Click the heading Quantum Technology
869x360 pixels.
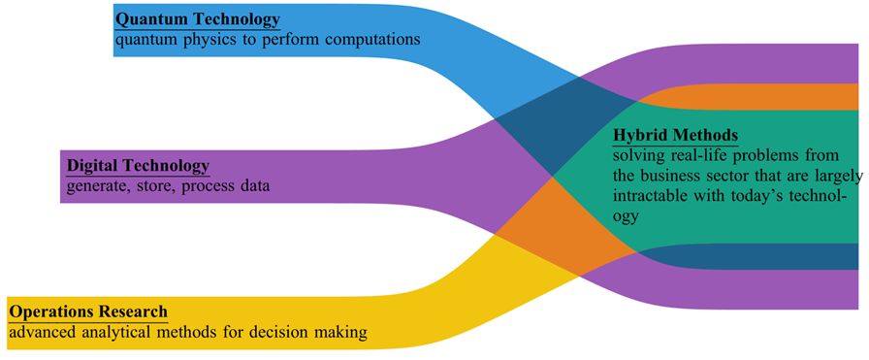pyautogui.click(x=197, y=18)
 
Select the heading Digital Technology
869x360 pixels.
pyautogui.click(x=137, y=165)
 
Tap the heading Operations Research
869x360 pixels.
pyautogui.click(x=88, y=311)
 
